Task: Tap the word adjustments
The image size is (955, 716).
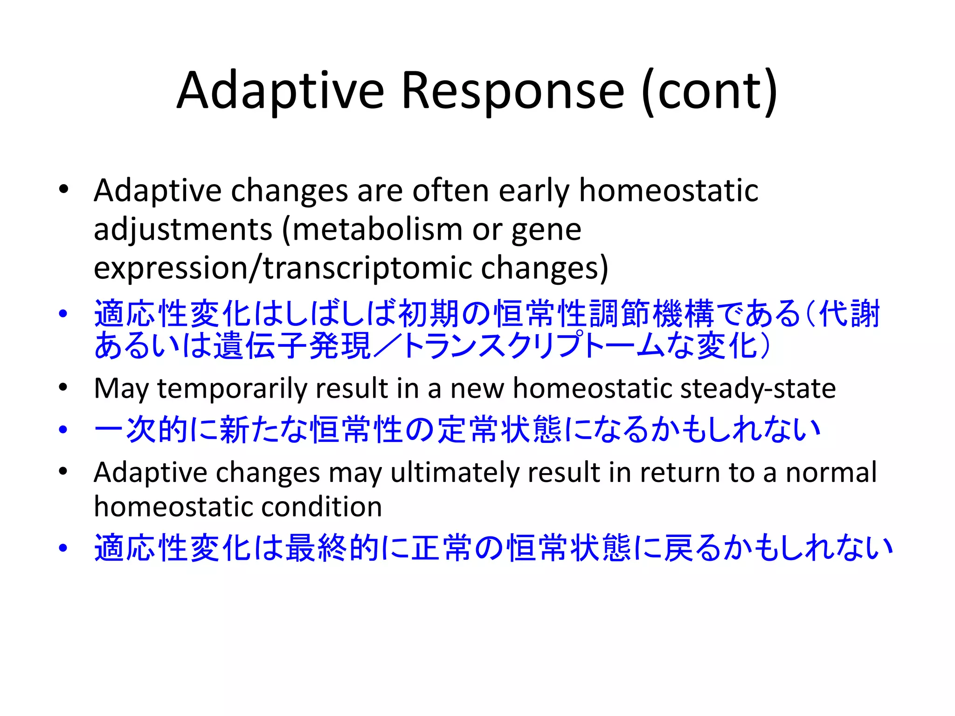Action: (183, 230)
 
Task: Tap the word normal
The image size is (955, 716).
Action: (831, 473)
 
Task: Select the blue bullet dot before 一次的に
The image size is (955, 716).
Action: (63, 429)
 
